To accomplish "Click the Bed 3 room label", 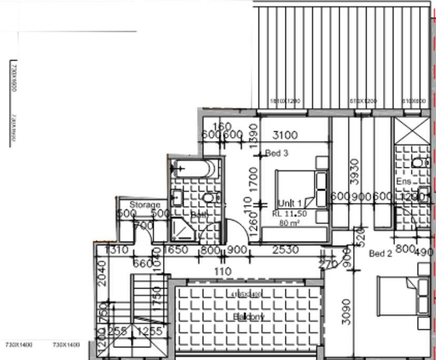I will pyautogui.click(x=277, y=154).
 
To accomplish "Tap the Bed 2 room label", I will pyautogui.click(x=380, y=254).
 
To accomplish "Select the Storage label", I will pyautogui.click(x=145, y=205).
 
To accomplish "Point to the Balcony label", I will pyautogui.click(x=248, y=316).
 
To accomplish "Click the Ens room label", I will pyautogui.click(x=403, y=181).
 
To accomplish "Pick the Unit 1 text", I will pyautogui.click(x=290, y=203).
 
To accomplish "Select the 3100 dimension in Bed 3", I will pyautogui.click(x=284, y=135).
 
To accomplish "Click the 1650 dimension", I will pyautogui.click(x=178, y=250).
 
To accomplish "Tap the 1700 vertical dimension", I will pyautogui.click(x=254, y=179).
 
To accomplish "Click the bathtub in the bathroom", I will pyautogui.click(x=193, y=168).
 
